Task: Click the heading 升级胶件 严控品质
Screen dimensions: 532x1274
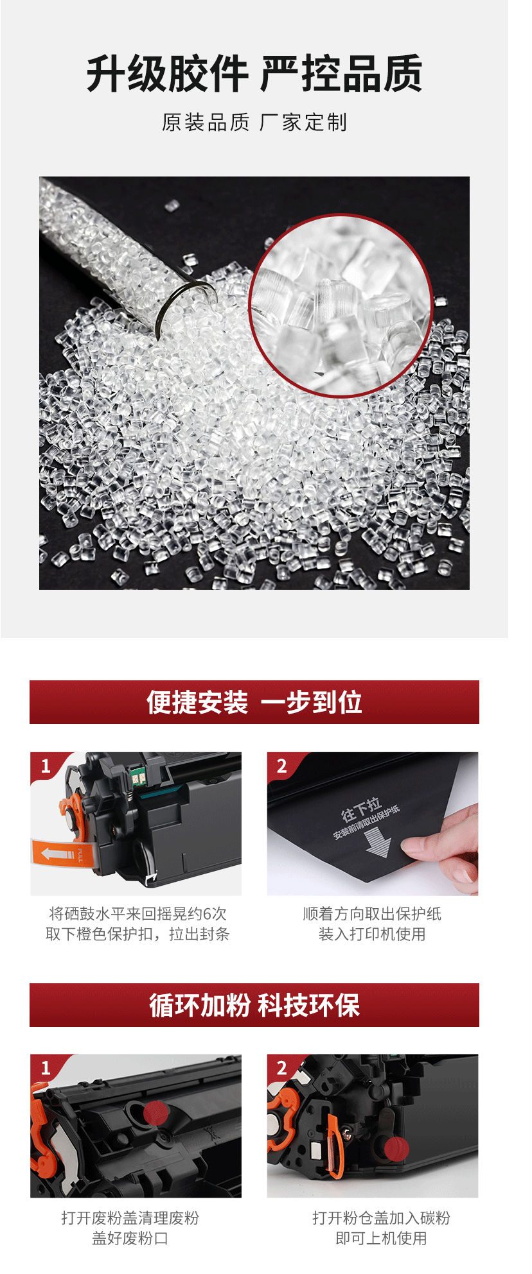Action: (254, 74)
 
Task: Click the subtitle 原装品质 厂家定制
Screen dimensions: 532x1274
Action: (254, 122)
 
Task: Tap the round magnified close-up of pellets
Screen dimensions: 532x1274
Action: (341, 306)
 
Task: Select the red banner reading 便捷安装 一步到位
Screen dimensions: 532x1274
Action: (254, 702)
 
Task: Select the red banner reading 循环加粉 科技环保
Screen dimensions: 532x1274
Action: (254, 1005)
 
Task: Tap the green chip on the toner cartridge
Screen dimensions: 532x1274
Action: (136, 778)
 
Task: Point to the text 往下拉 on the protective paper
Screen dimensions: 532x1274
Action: (362, 809)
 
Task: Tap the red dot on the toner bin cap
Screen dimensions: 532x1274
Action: (396, 1149)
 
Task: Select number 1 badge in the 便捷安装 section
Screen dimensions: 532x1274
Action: (46, 766)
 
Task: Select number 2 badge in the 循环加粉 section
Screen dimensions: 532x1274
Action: (282, 1068)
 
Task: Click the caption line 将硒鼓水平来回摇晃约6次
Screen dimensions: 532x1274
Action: (137, 914)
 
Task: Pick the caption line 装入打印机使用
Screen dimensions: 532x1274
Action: (372, 934)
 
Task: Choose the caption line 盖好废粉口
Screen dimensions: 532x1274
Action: (130, 1239)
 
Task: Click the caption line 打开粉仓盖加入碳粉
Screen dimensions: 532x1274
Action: (382, 1218)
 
